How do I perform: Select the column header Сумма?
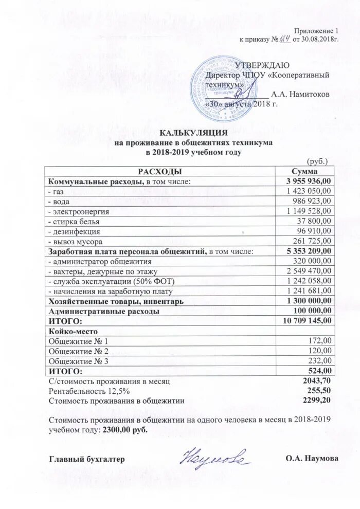(x=304, y=171)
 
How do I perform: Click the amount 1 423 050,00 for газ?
(x=309, y=191)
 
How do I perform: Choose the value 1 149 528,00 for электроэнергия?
(x=309, y=211)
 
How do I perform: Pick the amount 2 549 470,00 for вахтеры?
(x=309, y=271)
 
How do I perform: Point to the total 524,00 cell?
(x=321, y=371)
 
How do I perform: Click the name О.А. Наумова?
(x=312, y=458)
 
